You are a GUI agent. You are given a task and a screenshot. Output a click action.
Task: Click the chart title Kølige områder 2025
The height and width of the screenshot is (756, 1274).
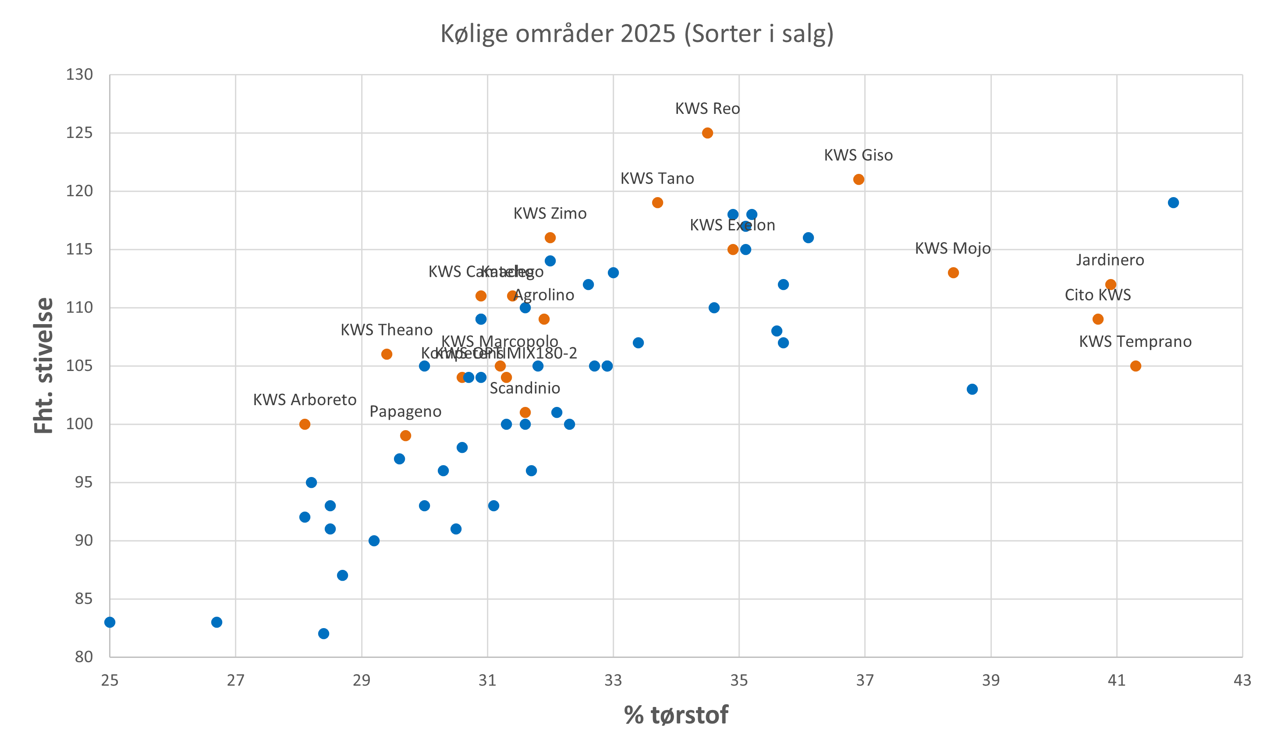(637, 34)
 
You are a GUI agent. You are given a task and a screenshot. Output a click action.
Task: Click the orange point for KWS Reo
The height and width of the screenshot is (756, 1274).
(707, 133)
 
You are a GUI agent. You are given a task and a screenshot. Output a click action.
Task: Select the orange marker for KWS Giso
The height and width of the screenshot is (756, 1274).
(859, 179)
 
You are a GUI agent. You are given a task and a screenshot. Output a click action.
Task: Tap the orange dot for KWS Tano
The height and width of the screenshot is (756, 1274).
(657, 203)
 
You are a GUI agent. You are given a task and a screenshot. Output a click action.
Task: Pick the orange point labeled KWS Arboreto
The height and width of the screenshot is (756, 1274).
(305, 424)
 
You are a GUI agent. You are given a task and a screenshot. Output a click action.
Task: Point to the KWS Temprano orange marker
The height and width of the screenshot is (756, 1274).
(1136, 366)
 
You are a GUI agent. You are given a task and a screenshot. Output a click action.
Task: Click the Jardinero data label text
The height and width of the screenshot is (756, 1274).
(1110, 260)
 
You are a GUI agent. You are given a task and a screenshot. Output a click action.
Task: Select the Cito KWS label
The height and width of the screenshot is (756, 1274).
(1098, 295)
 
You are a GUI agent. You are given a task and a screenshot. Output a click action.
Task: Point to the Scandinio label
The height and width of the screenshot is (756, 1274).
(525, 388)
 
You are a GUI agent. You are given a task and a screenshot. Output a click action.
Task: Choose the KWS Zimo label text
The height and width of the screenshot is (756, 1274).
(550, 213)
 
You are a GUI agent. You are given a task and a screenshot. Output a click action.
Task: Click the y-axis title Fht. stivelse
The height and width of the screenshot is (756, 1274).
(44, 365)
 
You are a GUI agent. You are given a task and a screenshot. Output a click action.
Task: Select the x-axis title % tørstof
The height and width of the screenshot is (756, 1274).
(676, 715)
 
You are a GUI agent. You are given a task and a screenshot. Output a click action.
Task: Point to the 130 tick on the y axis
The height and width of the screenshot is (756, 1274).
(79, 75)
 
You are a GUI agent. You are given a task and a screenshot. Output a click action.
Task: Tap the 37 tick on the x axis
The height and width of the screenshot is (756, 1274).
(865, 680)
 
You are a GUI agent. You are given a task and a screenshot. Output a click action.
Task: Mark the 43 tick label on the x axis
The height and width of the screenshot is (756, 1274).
(1242, 680)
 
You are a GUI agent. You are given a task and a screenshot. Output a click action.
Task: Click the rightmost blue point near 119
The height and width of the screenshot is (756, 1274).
(1173, 203)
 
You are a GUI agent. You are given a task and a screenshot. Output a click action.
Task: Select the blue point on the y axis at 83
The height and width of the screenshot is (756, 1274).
(110, 622)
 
